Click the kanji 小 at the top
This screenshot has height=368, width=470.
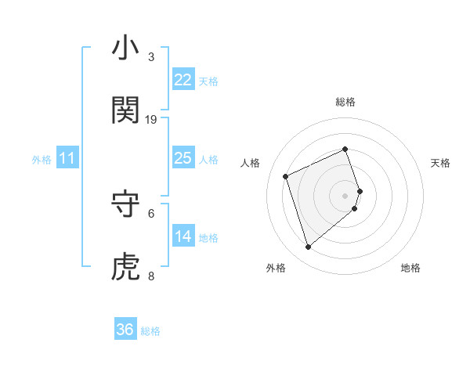tap(126, 49)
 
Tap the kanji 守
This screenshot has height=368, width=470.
tap(126, 204)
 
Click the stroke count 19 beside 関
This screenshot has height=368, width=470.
tap(151, 119)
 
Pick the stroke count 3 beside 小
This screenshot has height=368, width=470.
tap(151, 56)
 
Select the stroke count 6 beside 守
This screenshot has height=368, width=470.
tap(151, 213)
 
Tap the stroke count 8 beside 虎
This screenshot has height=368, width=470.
tap(151, 276)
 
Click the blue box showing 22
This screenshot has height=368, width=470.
tap(183, 80)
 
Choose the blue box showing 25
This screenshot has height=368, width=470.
tap(183, 158)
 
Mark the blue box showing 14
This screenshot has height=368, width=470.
tap(183, 236)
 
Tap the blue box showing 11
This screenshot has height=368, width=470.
tap(67, 159)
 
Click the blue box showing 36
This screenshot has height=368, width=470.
tap(125, 330)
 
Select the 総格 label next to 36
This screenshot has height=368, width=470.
tap(150, 331)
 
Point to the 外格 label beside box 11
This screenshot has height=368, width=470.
tap(42, 160)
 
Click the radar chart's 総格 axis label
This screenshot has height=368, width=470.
tap(345, 102)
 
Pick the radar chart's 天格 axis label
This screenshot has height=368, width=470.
tap(440, 163)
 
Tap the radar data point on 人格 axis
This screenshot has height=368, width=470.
tap(287, 175)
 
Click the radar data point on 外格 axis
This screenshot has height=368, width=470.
tap(308, 247)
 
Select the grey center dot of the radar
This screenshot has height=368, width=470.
tap(345, 196)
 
